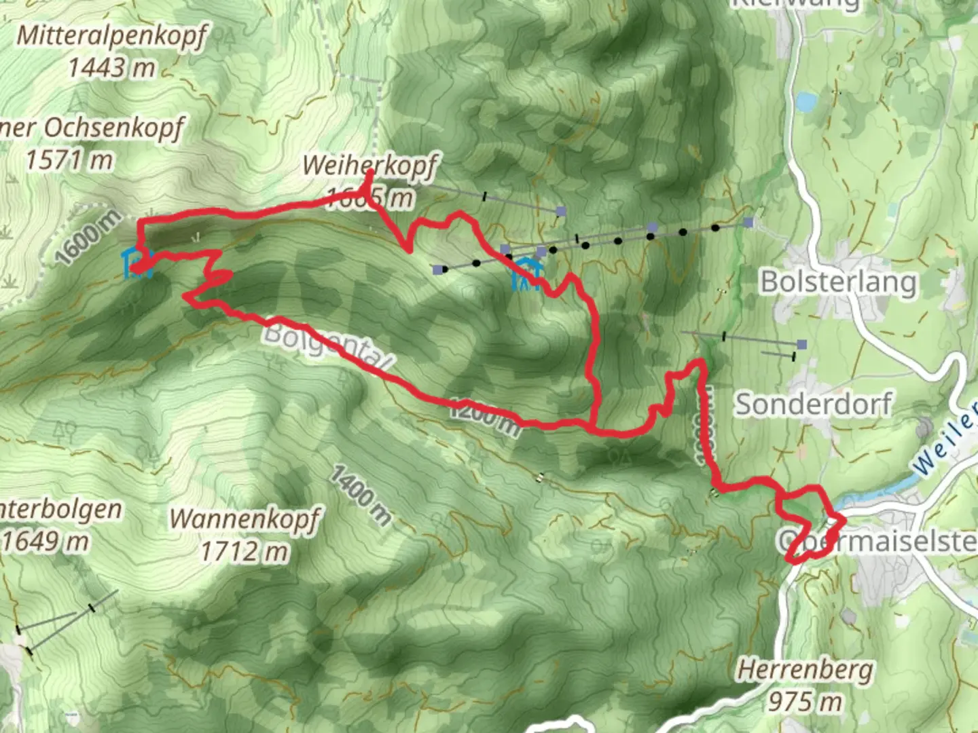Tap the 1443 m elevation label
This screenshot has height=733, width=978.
tap(111, 68)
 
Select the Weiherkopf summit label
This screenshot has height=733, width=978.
tap(370, 166)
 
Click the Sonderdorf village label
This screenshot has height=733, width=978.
tap(813, 405)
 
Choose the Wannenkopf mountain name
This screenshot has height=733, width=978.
tap(244, 520)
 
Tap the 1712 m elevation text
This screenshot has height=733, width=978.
tap(244, 551)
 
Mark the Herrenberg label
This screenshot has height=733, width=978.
tap(805, 670)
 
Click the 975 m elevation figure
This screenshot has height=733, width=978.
tap(805, 701)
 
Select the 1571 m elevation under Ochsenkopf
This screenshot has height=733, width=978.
tap(69, 160)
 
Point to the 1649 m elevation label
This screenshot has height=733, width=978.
tap(45, 542)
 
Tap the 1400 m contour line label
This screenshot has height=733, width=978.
tap(361, 495)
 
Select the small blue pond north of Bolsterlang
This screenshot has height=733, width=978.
tap(805, 102)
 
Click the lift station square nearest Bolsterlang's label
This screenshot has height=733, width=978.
tap(748, 223)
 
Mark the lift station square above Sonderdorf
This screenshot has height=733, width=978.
tap(802, 345)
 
